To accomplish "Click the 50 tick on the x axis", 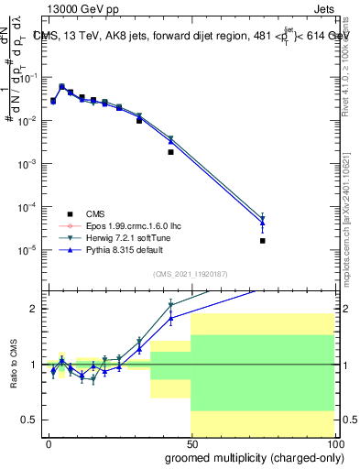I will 191,443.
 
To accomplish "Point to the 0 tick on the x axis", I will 49,443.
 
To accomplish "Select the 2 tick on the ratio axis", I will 35,309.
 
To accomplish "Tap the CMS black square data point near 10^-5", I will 262,241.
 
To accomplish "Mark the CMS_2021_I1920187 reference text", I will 191,274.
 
